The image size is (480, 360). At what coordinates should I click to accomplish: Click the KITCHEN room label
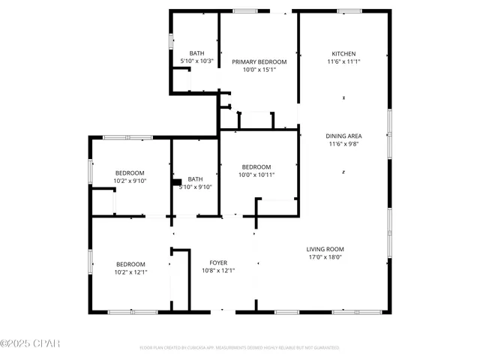tap(343, 54)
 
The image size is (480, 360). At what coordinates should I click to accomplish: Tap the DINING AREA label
tap(343, 136)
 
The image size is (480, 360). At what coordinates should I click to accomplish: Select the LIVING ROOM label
tap(324, 249)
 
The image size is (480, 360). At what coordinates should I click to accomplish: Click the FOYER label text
tap(218, 263)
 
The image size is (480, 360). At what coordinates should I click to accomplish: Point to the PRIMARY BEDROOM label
tap(259, 62)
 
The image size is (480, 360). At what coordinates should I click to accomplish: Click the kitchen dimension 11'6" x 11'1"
tap(343, 62)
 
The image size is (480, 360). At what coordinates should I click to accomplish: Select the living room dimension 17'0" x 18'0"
tap(324, 257)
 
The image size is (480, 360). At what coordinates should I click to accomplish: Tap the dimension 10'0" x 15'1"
tap(259, 70)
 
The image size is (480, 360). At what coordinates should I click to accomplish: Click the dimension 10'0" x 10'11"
tap(256, 175)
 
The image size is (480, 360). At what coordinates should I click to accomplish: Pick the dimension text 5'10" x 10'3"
tap(197, 61)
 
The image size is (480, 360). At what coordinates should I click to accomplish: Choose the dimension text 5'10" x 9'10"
tap(195, 187)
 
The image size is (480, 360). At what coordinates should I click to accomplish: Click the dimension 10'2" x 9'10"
tap(130, 181)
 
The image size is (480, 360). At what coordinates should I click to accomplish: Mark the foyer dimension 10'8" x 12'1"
tap(218, 271)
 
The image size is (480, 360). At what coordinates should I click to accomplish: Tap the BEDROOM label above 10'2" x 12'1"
tap(130, 264)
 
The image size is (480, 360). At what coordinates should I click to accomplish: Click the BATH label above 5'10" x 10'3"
tap(197, 52)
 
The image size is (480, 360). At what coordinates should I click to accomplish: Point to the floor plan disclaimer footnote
tap(239, 348)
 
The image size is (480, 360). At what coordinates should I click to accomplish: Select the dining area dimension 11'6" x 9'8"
tap(343, 144)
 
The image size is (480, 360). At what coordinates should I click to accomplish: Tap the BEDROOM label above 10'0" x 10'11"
tap(256, 166)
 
